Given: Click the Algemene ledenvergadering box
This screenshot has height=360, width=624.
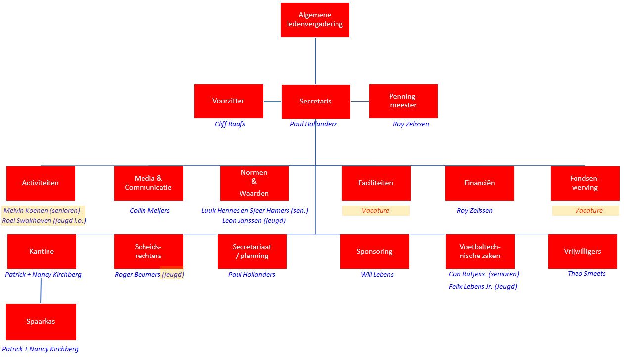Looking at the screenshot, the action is point(315,20).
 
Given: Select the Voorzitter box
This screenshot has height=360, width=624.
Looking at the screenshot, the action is point(229,101).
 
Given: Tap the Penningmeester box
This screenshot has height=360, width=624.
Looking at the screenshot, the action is point(403,101).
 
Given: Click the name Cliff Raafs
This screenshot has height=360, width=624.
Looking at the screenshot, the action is point(230,124).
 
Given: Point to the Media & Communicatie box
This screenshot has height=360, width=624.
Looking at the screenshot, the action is point(148,183).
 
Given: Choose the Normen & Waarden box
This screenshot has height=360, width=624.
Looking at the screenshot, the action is point(254,183).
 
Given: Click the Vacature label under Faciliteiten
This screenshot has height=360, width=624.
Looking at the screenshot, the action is point(376,210).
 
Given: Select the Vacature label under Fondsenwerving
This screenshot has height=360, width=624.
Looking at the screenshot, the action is point(589,210).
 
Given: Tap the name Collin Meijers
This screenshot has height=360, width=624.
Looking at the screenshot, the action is point(149,211).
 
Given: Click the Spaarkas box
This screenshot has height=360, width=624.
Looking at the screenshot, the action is point(41,322).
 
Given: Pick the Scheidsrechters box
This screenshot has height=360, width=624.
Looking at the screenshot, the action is point(148,251).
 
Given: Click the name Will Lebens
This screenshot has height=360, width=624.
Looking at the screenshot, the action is point(377,275).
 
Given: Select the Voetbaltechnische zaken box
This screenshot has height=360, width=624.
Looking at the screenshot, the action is point(480,251).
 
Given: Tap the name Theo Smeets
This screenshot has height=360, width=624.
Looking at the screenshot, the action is point(586,273).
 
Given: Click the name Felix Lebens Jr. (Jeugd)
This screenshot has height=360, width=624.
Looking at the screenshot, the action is point(483,286).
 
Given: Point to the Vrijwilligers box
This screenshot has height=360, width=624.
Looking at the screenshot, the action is point(582,251).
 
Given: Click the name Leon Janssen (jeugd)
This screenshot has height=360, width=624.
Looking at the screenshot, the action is point(254,221).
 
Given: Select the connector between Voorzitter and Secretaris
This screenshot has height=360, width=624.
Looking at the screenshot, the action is point(272,101).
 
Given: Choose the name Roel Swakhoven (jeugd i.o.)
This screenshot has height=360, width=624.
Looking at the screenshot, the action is point(44,221).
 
